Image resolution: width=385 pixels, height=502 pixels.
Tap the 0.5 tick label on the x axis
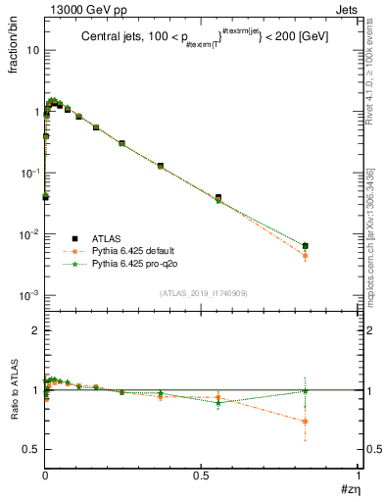[x=201, y=476]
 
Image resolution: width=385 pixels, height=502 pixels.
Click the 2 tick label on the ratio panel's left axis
[x=35, y=331]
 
